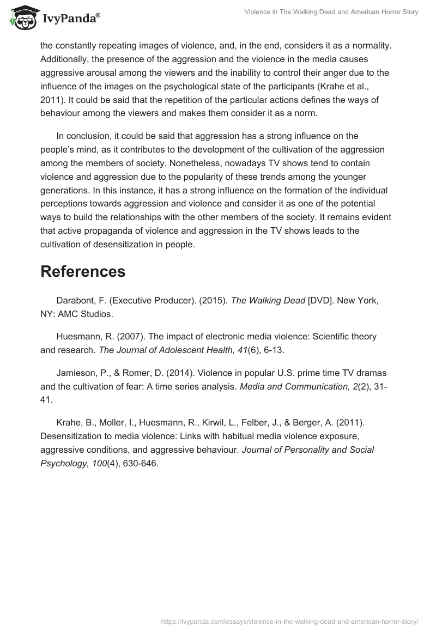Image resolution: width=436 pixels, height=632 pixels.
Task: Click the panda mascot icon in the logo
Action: [x=21, y=19]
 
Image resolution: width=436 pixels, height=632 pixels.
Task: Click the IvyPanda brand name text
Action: [x=71, y=20]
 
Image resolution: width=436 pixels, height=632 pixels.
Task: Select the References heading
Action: [x=83, y=271]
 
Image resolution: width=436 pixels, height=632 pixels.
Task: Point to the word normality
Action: [x=364, y=46]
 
